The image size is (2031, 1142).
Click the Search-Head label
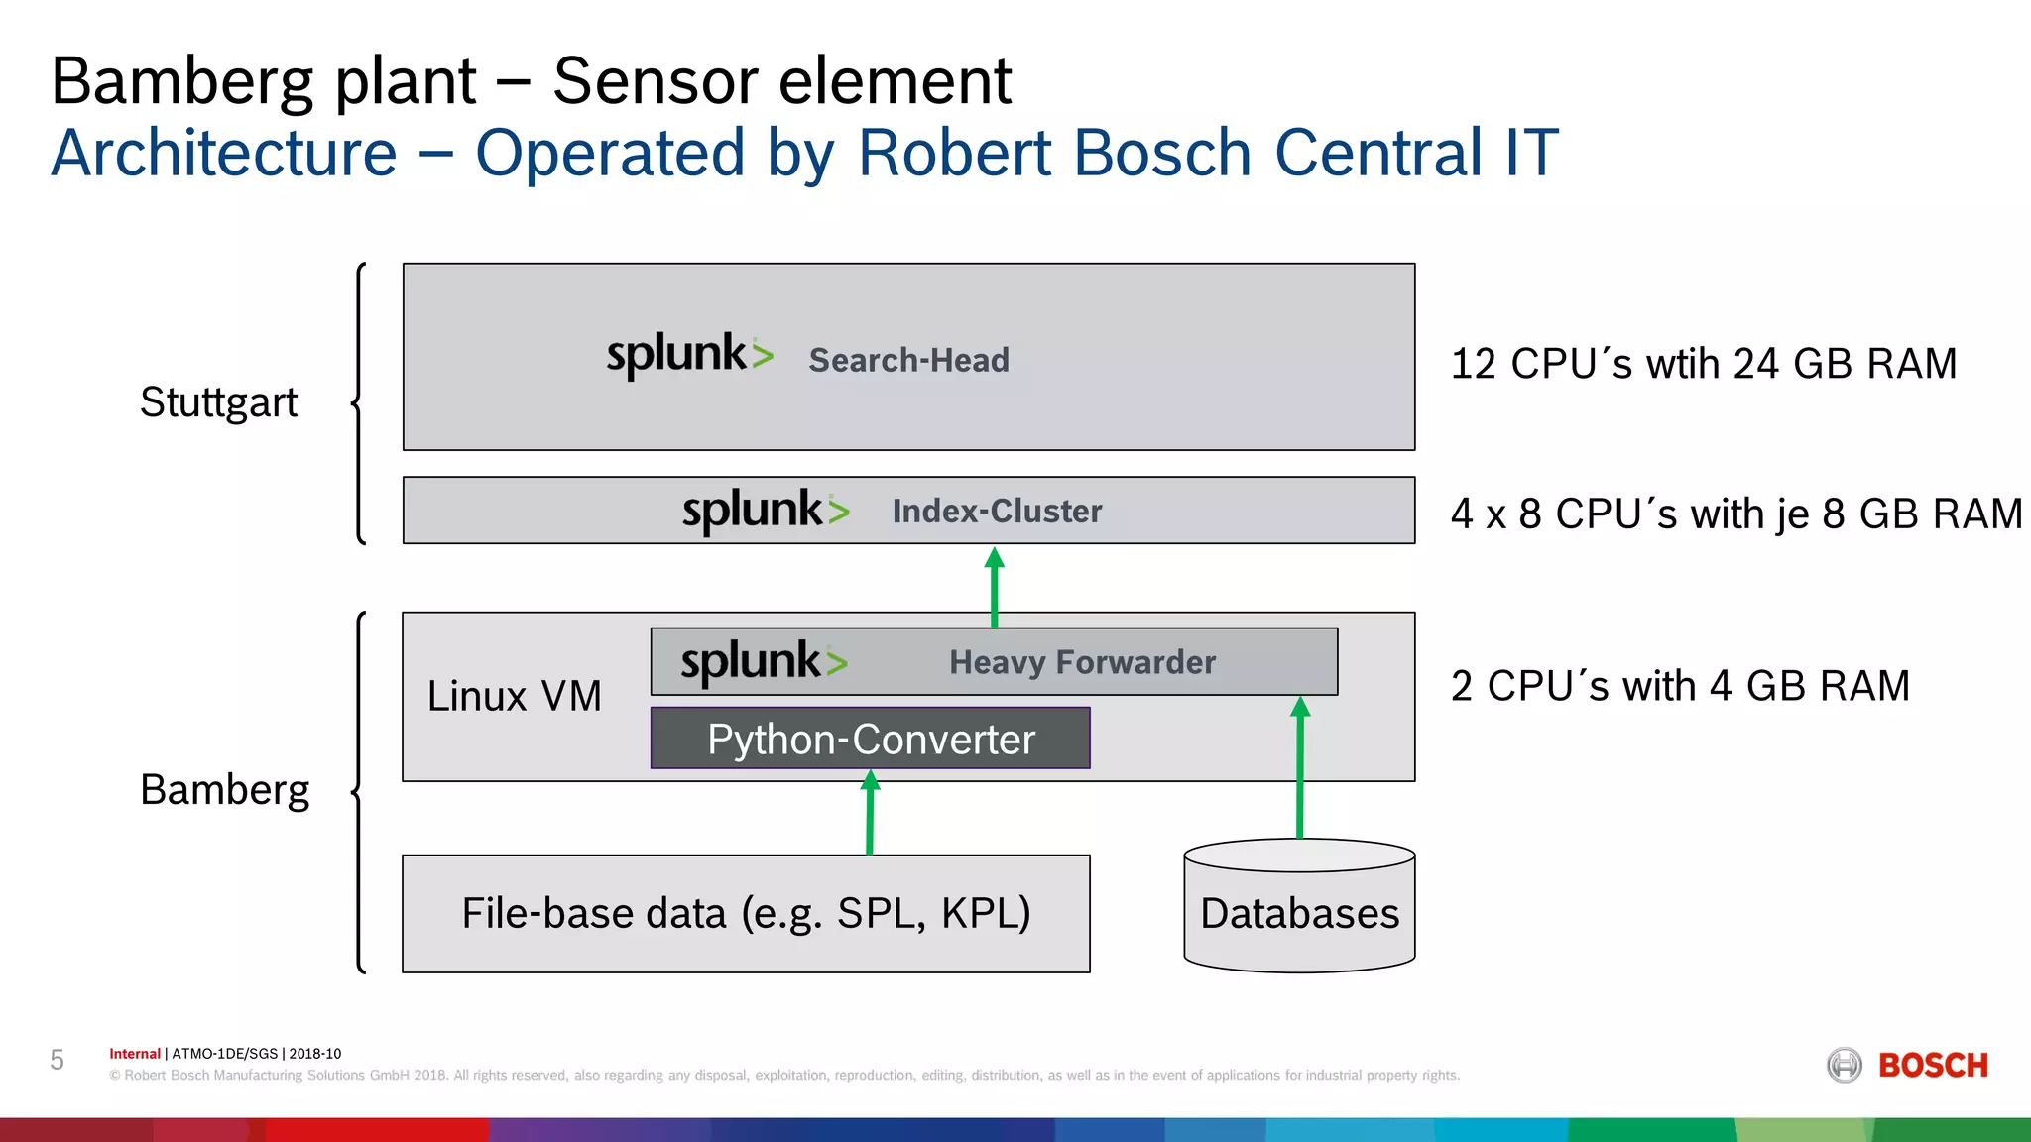coord(908,360)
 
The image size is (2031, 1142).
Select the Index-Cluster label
coord(997,512)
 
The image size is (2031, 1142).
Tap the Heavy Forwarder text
coord(1082,662)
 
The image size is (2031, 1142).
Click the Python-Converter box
coord(870,739)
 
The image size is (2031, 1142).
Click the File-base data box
coord(746,913)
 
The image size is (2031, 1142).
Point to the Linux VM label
coord(514,696)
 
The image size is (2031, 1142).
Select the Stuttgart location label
coord(218,402)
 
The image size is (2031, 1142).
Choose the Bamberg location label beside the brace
coord(224,790)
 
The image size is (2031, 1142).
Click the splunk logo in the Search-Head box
coord(689,355)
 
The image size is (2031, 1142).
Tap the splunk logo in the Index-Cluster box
coord(766,511)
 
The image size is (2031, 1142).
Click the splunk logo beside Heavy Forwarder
coord(764,662)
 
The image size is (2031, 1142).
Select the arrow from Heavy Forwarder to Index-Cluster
coord(995,588)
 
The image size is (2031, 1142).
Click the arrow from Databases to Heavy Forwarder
coord(1300,768)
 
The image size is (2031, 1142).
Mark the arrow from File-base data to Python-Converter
coord(870,813)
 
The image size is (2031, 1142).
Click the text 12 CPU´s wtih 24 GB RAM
coord(1703,364)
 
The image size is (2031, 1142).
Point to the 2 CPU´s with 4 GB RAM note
coord(1679,686)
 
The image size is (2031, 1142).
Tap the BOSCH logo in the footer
coord(1908,1066)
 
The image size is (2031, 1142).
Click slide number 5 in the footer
coord(58,1061)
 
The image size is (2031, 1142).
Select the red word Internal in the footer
coord(134,1054)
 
